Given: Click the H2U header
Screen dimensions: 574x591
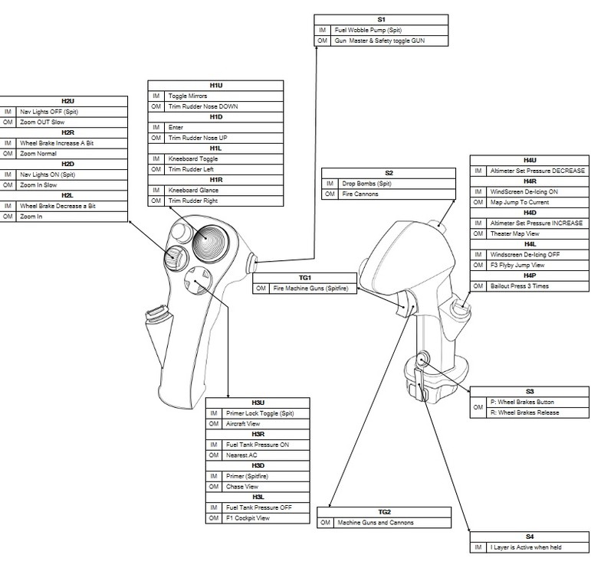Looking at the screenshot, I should [67, 101].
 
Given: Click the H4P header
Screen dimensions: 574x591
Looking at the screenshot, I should [529, 275].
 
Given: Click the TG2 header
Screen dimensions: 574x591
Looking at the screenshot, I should [384, 511].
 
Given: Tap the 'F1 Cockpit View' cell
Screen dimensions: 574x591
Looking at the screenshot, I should [248, 518].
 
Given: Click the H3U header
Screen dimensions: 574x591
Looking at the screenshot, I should [258, 402].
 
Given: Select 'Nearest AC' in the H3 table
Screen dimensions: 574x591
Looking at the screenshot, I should [242, 455].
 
